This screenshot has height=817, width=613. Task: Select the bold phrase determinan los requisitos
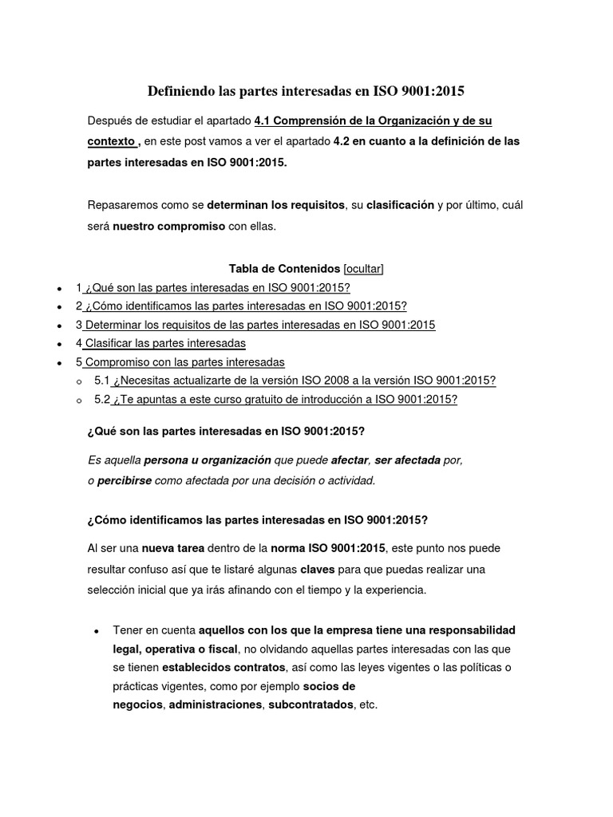[276, 205]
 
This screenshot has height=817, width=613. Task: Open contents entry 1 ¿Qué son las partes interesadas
[213, 287]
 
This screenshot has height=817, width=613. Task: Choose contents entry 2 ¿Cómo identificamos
[241, 306]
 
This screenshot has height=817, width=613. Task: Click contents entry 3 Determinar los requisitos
[255, 325]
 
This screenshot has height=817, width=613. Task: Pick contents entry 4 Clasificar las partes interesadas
[160, 343]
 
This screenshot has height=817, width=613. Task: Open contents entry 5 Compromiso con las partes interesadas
[180, 361]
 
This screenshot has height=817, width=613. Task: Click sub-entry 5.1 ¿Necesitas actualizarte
[295, 381]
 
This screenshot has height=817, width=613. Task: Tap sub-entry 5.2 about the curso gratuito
[275, 400]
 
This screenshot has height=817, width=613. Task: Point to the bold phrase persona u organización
[208, 460]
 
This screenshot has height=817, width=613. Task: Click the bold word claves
[317, 570]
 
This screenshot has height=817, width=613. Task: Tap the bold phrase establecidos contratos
[223, 666]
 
